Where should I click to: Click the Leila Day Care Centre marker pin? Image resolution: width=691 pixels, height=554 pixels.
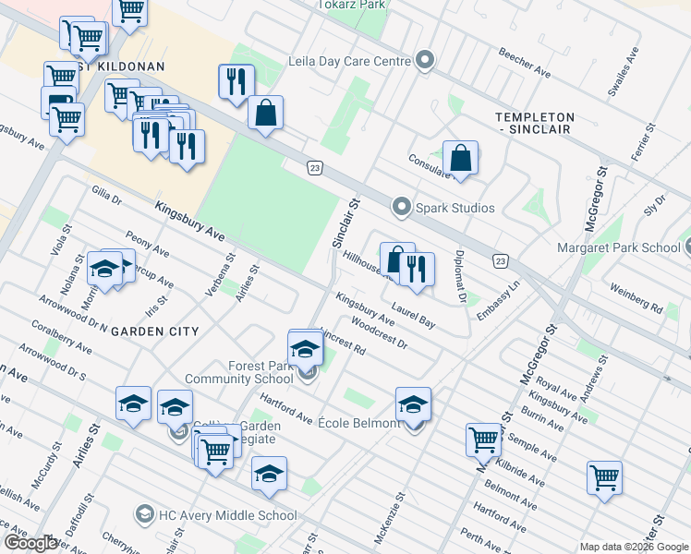click(425, 62)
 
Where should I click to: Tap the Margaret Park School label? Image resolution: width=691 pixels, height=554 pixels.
click(618, 247)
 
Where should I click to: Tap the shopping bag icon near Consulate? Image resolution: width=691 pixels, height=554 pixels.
click(460, 159)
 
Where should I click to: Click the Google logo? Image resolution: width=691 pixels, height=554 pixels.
click(30, 543)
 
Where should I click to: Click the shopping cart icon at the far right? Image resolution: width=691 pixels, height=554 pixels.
click(604, 477)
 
